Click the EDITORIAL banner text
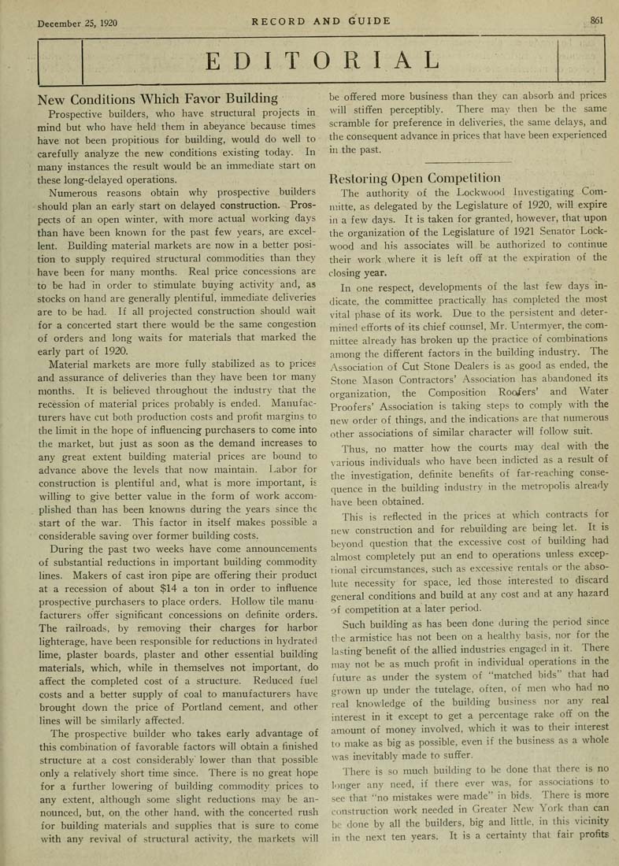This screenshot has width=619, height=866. click(319, 59)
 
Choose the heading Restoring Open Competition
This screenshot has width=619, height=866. click(414, 177)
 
